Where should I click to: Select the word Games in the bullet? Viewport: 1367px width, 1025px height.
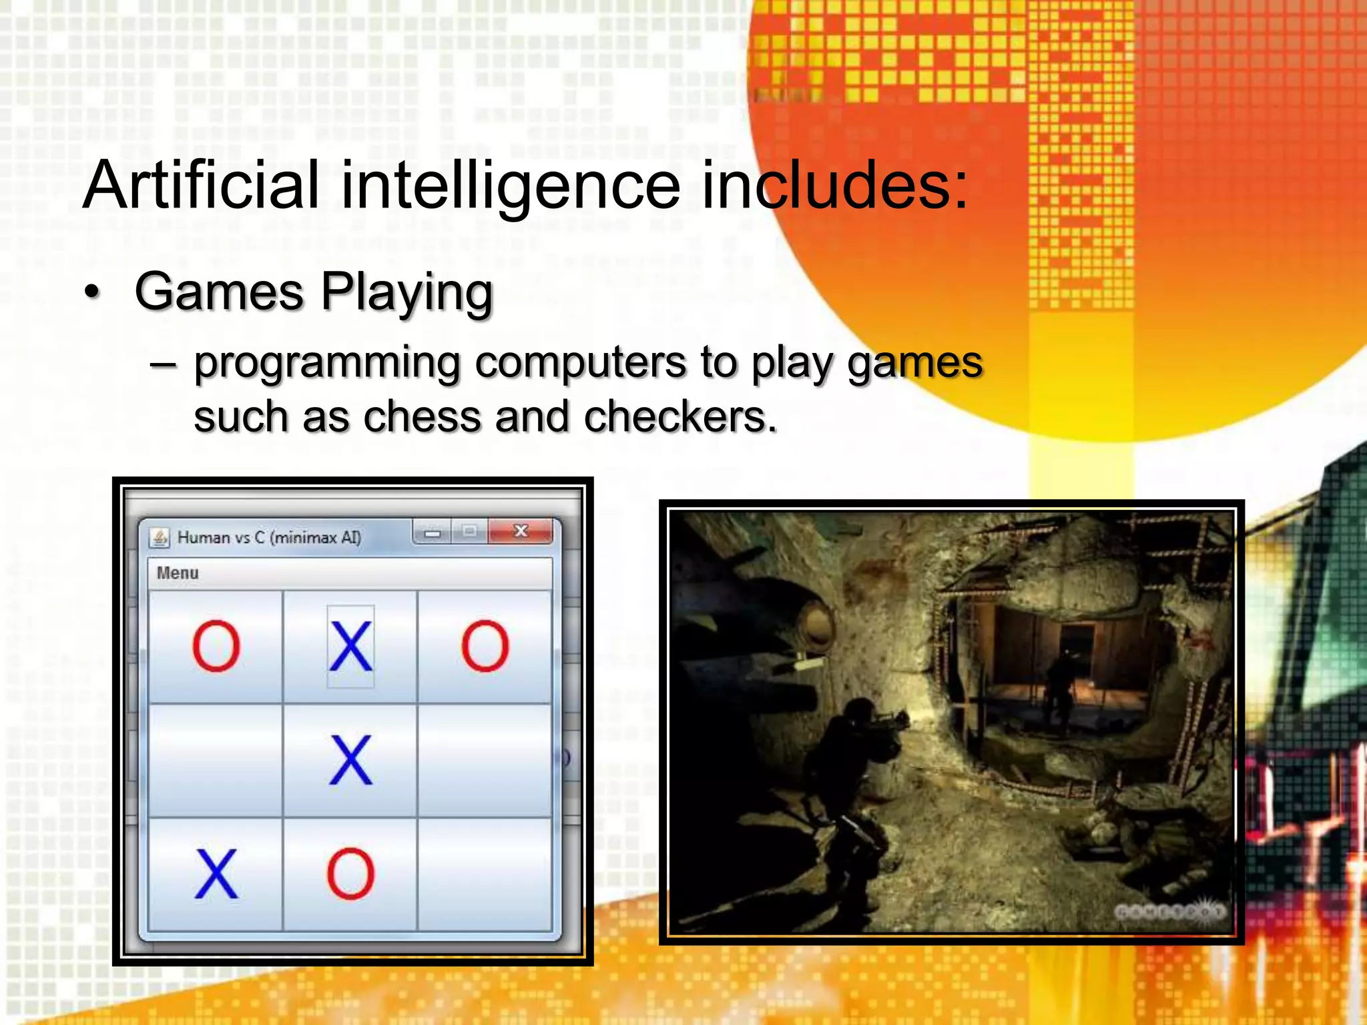(x=220, y=292)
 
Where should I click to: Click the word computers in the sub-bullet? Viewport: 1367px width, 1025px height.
(x=581, y=364)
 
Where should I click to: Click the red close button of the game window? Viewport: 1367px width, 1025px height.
(x=521, y=531)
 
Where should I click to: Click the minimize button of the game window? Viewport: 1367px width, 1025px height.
(x=433, y=533)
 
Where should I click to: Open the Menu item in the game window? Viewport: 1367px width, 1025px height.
(x=178, y=573)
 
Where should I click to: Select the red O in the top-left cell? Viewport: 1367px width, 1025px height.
(x=216, y=646)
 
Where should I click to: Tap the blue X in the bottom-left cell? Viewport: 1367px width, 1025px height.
(x=216, y=874)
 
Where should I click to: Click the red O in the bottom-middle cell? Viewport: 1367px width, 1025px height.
(x=350, y=874)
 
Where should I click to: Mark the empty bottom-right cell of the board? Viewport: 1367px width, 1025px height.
(x=485, y=874)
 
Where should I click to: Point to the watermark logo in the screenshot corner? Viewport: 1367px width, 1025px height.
(x=1169, y=911)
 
